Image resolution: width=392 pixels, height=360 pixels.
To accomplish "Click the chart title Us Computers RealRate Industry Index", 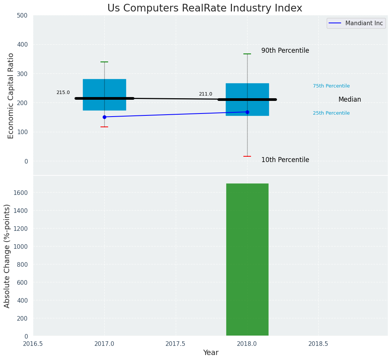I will (204, 8).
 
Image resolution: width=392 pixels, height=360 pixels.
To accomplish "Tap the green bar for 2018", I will (247, 260).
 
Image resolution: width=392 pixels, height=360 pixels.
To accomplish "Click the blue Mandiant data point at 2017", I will (104, 117).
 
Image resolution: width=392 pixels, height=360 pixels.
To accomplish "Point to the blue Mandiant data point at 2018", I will (247, 112).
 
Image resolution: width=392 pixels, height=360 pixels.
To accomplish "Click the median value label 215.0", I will (63, 92).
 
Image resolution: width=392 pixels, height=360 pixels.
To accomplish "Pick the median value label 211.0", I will (206, 94).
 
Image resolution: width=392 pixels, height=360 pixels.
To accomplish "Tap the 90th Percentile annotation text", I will (285, 51).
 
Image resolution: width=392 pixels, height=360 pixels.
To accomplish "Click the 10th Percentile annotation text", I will (285, 160).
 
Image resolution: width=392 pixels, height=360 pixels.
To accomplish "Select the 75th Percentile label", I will (331, 86).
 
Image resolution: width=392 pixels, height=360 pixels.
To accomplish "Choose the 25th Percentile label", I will (331, 113).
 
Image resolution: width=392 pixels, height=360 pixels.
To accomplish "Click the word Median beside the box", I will (350, 100).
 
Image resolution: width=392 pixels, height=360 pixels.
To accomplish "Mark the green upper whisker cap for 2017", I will (104, 62).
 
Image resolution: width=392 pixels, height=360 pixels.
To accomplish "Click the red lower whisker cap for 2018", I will (247, 156).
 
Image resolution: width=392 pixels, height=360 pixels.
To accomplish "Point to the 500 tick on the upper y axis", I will (23, 16).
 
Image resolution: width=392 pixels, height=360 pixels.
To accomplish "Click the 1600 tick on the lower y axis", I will (21, 193).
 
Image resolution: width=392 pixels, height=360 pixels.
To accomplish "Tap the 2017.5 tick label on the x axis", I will (175, 344).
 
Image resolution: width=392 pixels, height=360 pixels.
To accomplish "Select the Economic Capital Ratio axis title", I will (11, 96).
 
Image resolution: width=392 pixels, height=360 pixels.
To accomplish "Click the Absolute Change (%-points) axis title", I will (7, 256).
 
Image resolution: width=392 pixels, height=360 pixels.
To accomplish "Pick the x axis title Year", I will (211, 353).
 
